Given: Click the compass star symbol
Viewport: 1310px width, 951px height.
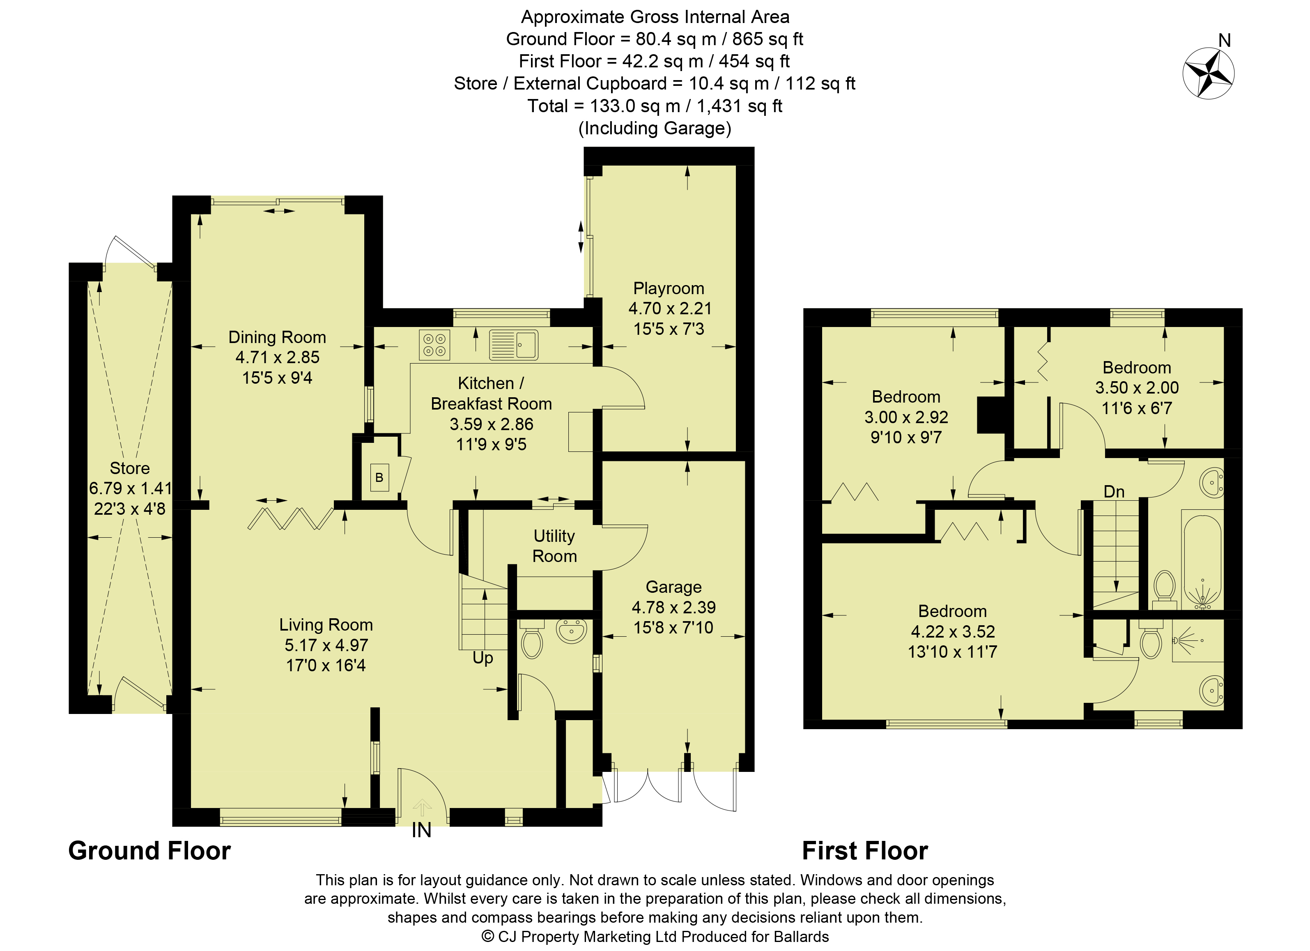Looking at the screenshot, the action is [x=1208, y=74].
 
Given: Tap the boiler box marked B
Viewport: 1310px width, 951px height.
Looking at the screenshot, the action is [x=379, y=477].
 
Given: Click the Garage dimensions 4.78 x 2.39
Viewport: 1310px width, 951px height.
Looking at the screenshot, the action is [x=673, y=607].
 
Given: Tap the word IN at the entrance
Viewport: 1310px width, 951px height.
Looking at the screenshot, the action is [x=422, y=831].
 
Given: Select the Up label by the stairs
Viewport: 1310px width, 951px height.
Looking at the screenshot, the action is [x=483, y=658].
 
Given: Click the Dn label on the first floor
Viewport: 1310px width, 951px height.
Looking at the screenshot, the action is [x=1114, y=492].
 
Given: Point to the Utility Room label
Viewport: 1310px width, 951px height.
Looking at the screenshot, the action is [x=554, y=546].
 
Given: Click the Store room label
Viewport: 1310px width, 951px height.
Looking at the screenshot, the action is [x=129, y=468].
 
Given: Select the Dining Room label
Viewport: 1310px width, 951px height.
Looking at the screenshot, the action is [x=277, y=337].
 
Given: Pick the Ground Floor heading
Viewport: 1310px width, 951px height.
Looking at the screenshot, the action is [x=149, y=851].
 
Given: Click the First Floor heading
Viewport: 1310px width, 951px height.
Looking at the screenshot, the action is [x=865, y=851].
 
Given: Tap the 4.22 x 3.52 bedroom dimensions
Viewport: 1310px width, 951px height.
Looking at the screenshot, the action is [x=952, y=631].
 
